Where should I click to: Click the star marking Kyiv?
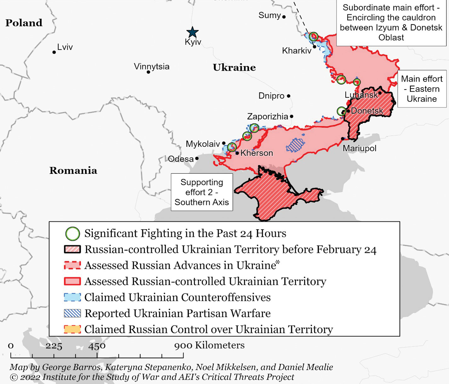(x=192, y=32)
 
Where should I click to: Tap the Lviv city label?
(x=65, y=47)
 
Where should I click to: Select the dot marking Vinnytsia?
(x=148, y=72)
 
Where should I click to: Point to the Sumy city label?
(x=269, y=15)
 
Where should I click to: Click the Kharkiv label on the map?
(x=296, y=50)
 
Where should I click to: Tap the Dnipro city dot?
(x=289, y=96)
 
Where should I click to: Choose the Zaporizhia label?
(x=268, y=117)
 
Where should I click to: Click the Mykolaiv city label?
(x=203, y=144)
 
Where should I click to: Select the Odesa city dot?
(x=197, y=158)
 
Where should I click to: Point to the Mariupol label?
(x=360, y=148)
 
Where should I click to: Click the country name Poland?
(x=24, y=23)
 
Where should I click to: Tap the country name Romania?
(x=73, y=170)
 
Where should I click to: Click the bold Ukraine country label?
(x=234, y=67)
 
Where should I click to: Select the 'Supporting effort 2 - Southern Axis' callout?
(x=202, y=192)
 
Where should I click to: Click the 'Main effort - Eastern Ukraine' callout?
(x=422, y=89)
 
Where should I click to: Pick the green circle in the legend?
(x=72, y=234)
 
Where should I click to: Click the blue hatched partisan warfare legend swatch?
(x=72, y=313)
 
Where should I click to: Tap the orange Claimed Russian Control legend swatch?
(x=72, y=330)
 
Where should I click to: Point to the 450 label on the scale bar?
(x=97, y=346)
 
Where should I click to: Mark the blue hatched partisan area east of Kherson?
(x=295, y=145)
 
